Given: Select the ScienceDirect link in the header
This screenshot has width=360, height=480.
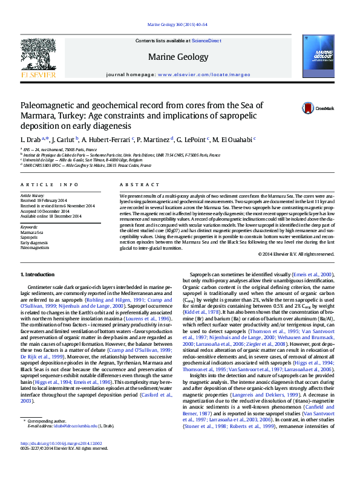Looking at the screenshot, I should pos(206,41).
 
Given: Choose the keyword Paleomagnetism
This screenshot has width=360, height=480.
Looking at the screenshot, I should pos(34,248).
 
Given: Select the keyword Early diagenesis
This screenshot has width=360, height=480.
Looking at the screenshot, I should pos(34,242).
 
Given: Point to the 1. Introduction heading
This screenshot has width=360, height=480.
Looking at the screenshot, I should pos(38,275).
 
